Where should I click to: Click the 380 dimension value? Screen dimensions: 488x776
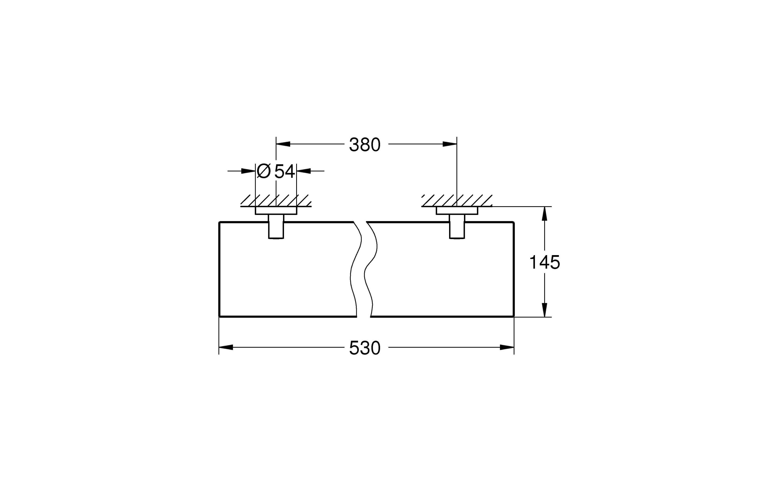point(365,145)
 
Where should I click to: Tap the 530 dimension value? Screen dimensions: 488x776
point(365,348)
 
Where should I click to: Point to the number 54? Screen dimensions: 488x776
point(285,171)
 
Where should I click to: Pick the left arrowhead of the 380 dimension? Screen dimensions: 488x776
point(283,144)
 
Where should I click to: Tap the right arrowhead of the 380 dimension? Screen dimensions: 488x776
point(450,144)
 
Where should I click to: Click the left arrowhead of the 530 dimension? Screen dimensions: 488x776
point(226,347)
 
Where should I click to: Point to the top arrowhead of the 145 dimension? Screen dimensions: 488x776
point(544,213)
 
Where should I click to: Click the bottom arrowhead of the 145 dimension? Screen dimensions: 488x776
point(544,310)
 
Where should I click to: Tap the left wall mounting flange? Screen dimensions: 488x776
point(276,211)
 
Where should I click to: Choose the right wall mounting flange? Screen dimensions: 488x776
point(457,211)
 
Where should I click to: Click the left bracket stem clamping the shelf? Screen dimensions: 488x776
point(276,227)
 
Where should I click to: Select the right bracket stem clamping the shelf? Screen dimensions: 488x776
point(457,227)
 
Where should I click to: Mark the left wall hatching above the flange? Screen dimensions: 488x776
point(276,200)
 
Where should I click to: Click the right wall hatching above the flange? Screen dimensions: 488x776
point(457,200)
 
